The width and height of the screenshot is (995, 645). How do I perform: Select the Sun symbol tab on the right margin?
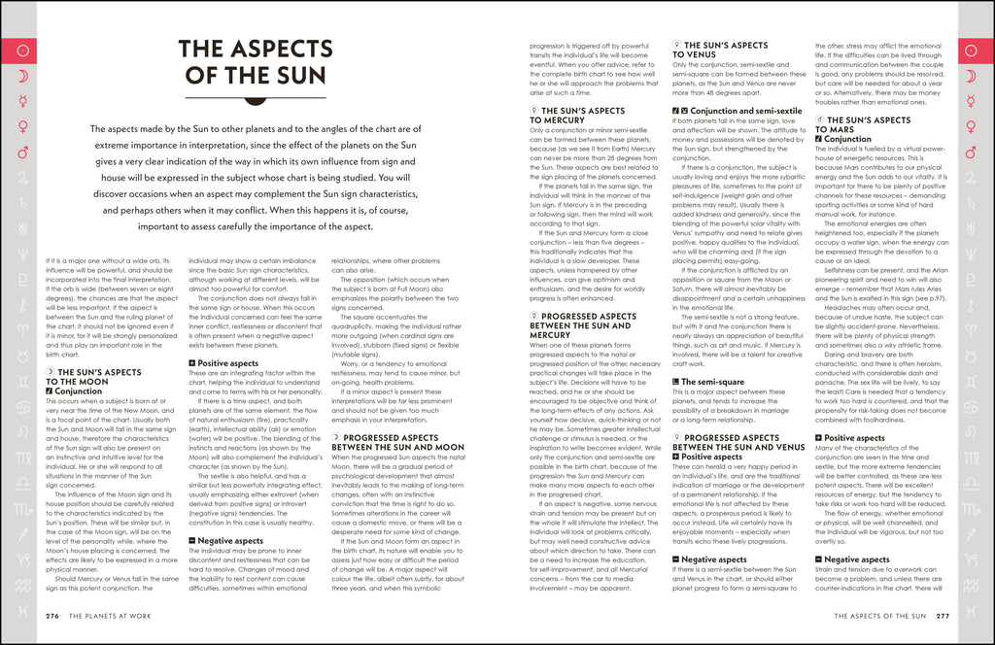pos(975,50)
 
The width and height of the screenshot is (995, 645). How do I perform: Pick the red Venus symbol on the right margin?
pos(975,126)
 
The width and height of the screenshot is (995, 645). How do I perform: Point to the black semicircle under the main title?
pos(257,98)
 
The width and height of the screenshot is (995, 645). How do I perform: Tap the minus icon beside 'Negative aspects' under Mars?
pos(818,560)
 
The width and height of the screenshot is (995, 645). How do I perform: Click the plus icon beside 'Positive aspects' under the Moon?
pos(191,363)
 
